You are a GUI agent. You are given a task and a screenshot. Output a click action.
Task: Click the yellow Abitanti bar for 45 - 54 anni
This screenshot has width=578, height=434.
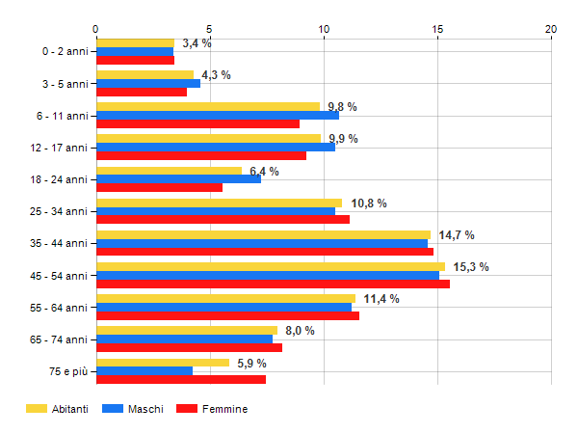[270, 266]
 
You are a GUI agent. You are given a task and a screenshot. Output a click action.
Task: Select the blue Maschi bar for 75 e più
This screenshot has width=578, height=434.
[144, 371]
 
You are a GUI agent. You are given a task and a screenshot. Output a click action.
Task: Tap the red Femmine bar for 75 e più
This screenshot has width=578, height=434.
[181, 380]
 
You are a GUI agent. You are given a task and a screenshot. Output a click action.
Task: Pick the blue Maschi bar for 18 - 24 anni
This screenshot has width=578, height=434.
[178, 179]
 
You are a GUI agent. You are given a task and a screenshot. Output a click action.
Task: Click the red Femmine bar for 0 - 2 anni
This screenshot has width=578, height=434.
[135, 61]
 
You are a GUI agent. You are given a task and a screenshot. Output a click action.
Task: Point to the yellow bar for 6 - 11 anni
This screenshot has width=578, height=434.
[207, 106]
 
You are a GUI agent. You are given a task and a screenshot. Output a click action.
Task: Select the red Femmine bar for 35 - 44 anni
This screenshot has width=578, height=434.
[265, 253]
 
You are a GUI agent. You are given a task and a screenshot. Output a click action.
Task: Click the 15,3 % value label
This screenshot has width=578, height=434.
[471, 266]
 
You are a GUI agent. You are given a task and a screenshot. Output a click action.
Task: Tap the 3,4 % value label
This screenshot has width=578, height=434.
[197, 43]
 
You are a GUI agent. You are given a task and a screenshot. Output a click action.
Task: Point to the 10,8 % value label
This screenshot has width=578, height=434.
[369, 203]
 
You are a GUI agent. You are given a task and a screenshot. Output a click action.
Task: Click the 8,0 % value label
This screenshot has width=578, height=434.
[300, 330]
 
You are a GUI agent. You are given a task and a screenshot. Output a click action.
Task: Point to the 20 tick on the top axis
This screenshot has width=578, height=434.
[551, 29]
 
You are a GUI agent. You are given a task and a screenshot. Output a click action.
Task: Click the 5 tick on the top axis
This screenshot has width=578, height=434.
[210, 29]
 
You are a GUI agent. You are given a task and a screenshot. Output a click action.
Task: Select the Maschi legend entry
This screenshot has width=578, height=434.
[144, 409]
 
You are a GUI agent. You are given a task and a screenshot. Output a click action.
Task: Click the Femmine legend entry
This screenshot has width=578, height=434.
[224, 409]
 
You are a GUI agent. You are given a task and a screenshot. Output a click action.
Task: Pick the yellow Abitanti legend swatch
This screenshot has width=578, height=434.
[37, 409]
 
